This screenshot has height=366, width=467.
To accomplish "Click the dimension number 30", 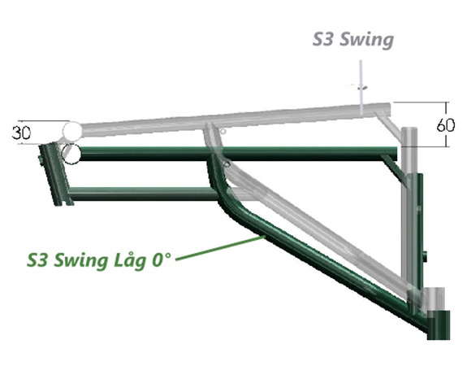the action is [x=21, y=133].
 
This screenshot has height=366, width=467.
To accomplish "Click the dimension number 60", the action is [x=446, y=125].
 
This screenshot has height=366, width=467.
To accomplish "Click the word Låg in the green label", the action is [x=130, y=259].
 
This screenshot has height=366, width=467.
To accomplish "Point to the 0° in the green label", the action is [x=162, y=259].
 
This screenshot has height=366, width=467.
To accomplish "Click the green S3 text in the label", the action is [x=38, y=259].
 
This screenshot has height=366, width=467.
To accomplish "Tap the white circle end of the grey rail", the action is [x=71, y=130].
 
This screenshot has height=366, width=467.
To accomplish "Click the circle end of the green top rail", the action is [x=71, y=154].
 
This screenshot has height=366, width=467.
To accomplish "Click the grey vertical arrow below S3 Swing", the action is [x=361, y=87].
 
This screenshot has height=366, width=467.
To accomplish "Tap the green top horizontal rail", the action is [x=238, y=154].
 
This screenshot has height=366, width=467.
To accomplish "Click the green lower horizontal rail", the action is [x=143, y=194].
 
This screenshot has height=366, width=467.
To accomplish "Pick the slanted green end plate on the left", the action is [x=56, y=175].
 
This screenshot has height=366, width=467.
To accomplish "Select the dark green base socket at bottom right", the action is [x=438, y=325].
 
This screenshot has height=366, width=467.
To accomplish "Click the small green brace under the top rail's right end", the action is [x=394, y=169].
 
